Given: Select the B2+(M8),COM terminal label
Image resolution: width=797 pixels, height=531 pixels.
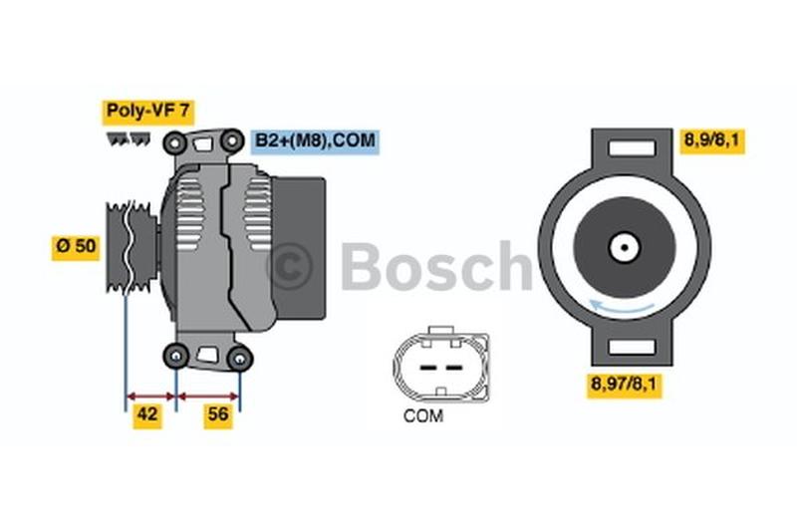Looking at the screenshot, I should click(x=315, y=140).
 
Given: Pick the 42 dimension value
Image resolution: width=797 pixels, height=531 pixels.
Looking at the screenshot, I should click(x=147, y=415).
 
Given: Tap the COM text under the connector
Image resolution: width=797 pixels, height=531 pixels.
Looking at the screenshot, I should click(x=423, y=415).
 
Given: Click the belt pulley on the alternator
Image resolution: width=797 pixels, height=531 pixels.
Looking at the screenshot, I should click(x=130, y=243).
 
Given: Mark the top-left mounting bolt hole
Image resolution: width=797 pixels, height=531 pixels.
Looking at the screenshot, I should click(x=177, y=141).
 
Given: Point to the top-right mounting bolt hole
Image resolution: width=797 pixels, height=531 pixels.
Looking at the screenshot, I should click(x=233, y=140).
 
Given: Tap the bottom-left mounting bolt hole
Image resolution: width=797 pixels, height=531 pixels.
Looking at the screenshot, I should click(x=176, y=355).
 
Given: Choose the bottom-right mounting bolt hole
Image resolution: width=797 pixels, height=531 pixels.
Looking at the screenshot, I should click(x=239, y=357).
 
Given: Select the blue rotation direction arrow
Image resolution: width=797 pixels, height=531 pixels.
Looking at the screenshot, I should click(x=625, y=308).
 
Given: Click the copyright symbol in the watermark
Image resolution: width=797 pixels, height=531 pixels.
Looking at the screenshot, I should click(x=291, y=267).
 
